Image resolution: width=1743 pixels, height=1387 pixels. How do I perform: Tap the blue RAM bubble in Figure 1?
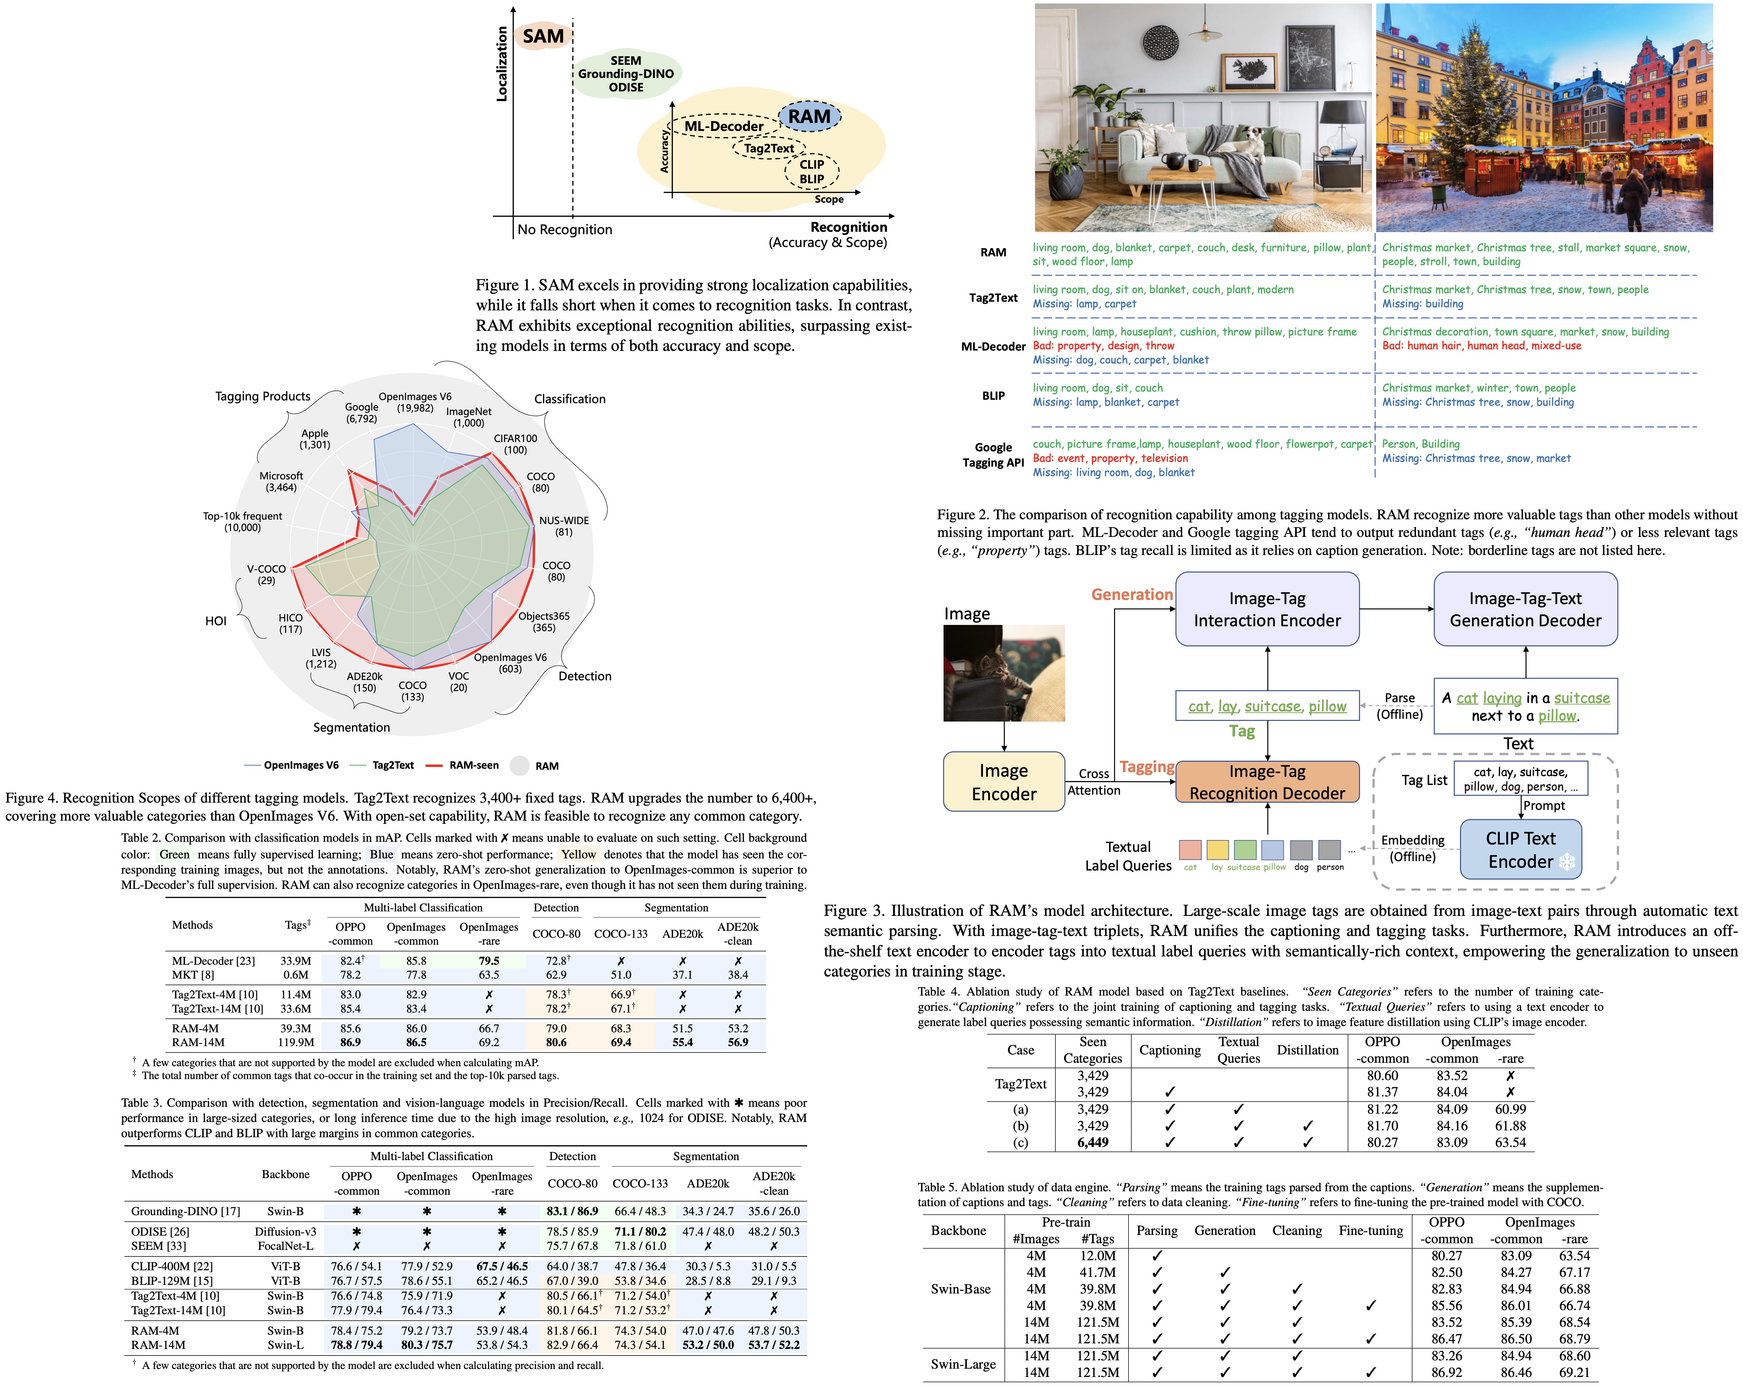pos(809,117)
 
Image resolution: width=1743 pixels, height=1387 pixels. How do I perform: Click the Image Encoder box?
pos(1003,781)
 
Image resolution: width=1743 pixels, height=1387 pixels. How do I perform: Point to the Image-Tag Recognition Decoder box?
pos(1267,781)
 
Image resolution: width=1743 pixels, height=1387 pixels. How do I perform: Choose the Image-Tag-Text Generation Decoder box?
pos(1525,609)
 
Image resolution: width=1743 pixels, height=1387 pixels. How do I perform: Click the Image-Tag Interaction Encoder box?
pos(1267,609)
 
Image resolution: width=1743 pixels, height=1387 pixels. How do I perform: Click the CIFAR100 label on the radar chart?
pos(515,444)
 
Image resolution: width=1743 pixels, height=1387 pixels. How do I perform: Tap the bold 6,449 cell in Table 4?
pos(1092,1142)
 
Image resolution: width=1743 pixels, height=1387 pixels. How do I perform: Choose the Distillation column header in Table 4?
pos(1307,1050)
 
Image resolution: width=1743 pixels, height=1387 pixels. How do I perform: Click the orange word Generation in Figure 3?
pos(1132,595)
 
